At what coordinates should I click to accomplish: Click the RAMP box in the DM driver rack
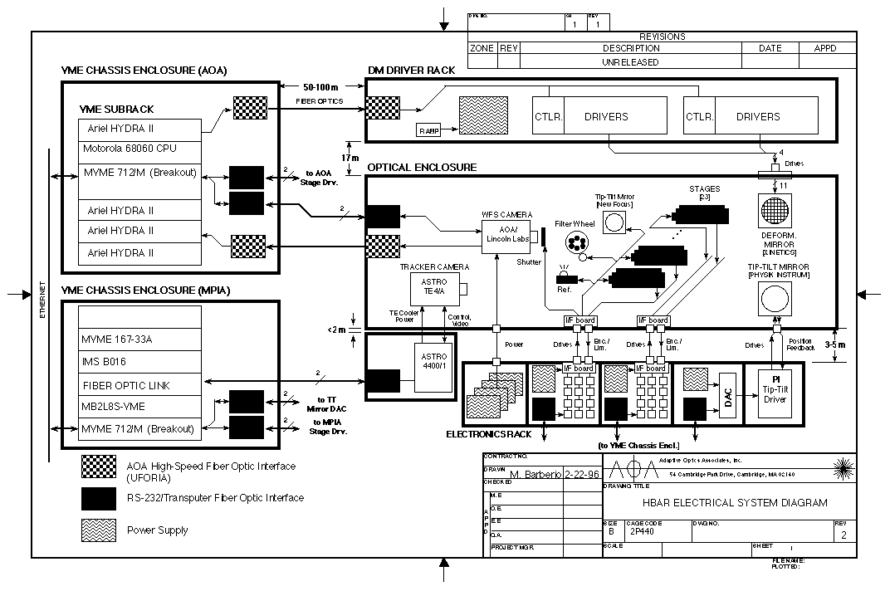coord(429,130)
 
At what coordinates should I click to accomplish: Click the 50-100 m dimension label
coord(320,86)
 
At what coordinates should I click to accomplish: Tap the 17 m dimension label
coord(350,158)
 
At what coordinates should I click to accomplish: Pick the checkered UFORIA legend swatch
coord(98,466)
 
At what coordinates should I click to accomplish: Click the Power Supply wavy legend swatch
coord(98,530)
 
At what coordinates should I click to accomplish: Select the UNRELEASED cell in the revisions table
coord(630,62)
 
